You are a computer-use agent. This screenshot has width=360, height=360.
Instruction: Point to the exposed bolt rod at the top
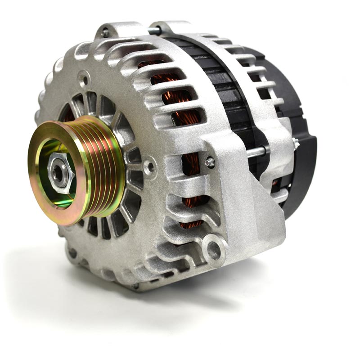pos(153,31)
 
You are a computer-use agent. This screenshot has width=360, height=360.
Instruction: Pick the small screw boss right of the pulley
pos(149,167)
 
